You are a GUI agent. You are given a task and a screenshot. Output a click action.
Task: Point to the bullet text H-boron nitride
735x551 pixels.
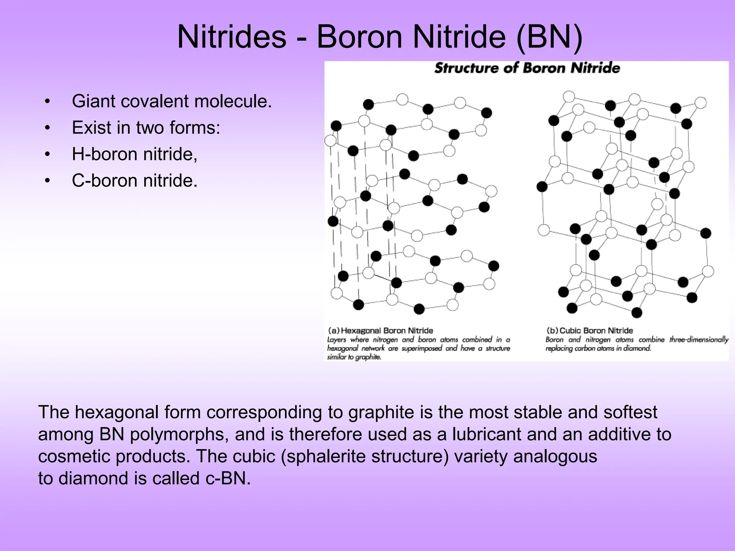click(x=135, y=154)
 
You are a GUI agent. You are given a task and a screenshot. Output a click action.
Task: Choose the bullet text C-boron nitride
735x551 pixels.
click(x=135, y=180)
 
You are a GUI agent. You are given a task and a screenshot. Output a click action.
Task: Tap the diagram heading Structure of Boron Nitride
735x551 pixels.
click(x=527, y=68)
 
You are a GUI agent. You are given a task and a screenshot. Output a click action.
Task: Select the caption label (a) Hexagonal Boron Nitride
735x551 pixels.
click(x=380, y=330)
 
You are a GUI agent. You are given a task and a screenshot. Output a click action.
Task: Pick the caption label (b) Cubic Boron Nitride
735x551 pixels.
click(x=589, y=330)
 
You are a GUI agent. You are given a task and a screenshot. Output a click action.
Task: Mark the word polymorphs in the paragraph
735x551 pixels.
click(x=179, y=434)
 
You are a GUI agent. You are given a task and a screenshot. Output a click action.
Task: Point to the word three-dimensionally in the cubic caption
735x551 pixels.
click(x=699, y=340)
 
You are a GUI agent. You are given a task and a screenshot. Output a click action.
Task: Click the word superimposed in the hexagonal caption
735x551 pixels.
click(x=422, y=348)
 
